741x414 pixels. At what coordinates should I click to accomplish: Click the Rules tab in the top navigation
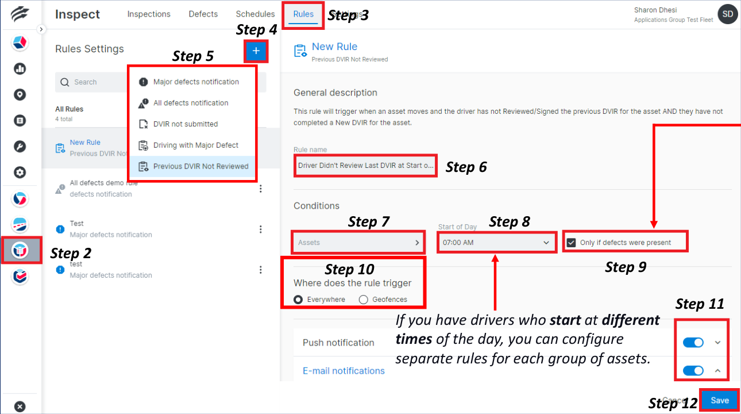pyautogui.click(x=303, y=14)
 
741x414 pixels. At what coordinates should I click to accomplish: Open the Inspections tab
pyautogui.click(x=149, y=14)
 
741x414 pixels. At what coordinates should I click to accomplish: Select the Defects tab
pyautogui.click(x=203, y=14)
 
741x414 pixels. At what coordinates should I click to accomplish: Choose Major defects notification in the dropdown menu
pyautogui.click(x=195, y=82)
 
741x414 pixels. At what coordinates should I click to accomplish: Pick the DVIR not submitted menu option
pyautogui.click(x=185, y=124)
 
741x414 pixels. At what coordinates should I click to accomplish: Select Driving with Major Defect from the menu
pyautogui.click(x=195, y=145)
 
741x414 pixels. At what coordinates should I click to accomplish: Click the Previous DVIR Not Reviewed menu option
pyautogui.click(x=200, y=166)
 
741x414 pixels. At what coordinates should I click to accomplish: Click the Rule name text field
pyautogui.click(x=365, y=166)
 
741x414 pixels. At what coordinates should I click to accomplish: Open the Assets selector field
pyautogui.click(x=359, y=243)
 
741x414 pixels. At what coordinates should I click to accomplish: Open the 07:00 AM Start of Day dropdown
pyautogui.click(x=496, y=243)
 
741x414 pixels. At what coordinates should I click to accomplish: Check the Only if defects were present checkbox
pyautogui.click(x=571, y=243)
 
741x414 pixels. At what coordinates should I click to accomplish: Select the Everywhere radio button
pyautogui.click(x=298, y=300)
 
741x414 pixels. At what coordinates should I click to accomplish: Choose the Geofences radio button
pyautogui.click(x=363, y=300)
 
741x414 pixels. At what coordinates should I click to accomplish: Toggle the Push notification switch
pyautogui.click(x=693, y=343)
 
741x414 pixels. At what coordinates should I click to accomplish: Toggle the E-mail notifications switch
pyautogui.click(x=693, y=371)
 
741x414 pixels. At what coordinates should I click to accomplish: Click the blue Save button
pyautogui.click(x=719, y=401)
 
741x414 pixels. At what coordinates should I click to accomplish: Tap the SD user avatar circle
pyautogui.click(x=728, y=14)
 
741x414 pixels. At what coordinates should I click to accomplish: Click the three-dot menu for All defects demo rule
pyautogui.click(x=261, y=189)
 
